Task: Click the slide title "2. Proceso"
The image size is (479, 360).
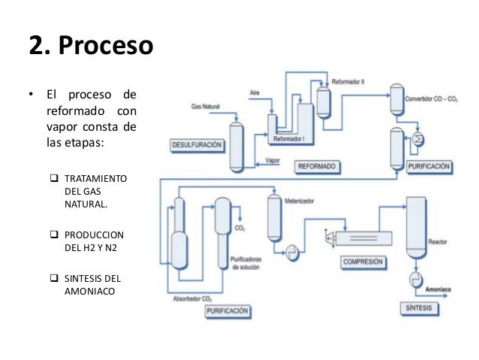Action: [91, 46]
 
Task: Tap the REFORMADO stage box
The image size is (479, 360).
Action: [316, 165]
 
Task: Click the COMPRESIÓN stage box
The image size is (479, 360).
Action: [363, 262]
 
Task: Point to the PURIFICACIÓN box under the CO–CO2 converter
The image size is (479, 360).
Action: [429, 165]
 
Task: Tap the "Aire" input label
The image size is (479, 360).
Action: [255, 92]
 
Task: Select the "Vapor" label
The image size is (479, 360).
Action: [273, 160]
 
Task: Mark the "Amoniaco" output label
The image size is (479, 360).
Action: [438, 289]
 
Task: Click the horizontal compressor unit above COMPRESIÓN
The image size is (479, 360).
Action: [362, 237]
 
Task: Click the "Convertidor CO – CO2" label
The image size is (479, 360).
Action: [432, 98]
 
